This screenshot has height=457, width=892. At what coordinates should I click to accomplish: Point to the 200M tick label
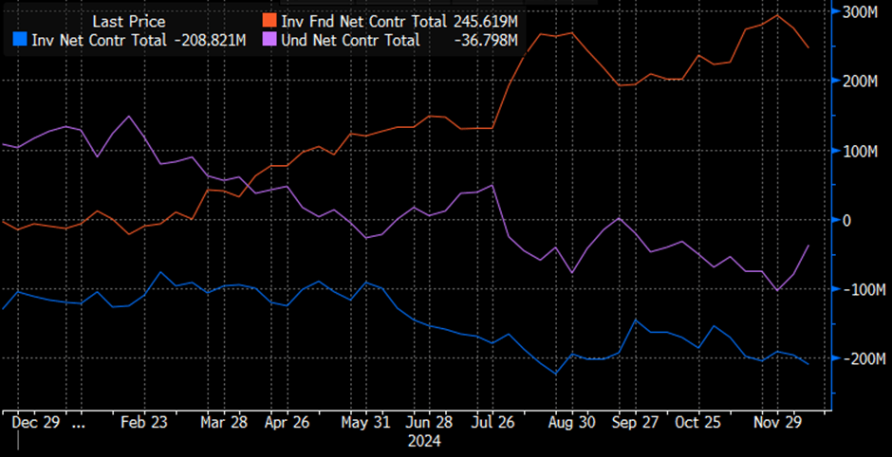click(861, 82)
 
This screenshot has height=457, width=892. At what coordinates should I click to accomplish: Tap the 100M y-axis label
click(861, 151)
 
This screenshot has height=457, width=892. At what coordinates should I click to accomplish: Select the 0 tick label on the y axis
click(846, 220)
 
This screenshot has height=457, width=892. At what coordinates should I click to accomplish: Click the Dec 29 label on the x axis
click(38, 424)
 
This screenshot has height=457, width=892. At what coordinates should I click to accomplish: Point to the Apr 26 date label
click(288, 424)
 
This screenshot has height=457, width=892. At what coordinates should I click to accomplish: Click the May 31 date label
click(366, 424)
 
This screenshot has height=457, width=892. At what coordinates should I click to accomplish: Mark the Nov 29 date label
click(781, 424)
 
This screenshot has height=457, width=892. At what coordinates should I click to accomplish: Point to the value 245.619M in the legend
click(487, 21)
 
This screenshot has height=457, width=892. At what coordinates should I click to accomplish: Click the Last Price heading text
click(128, 21)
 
